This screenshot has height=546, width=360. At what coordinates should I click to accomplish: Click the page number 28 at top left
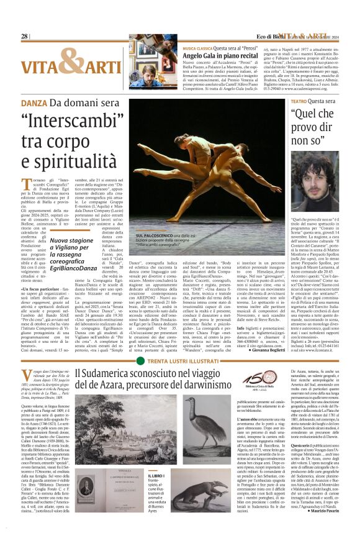(24, 36)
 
